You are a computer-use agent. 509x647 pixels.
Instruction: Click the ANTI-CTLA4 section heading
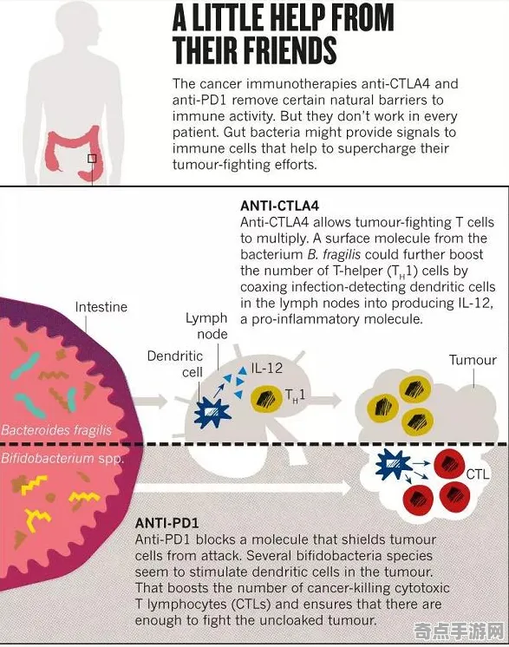[280, 206]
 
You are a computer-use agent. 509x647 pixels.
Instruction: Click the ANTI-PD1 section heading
[166, 523]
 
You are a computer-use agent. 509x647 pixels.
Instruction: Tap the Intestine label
[101, 307]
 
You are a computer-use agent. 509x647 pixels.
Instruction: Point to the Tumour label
[473, 360]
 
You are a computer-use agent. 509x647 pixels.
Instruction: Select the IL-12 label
[267, 368]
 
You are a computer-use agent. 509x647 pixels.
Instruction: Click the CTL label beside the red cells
[478, 474]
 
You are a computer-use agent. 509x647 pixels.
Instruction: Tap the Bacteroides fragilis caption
[56, 430]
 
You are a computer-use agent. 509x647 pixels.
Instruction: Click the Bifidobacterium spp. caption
[62, 459]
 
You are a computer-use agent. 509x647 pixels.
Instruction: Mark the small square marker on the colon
[92, 159]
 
